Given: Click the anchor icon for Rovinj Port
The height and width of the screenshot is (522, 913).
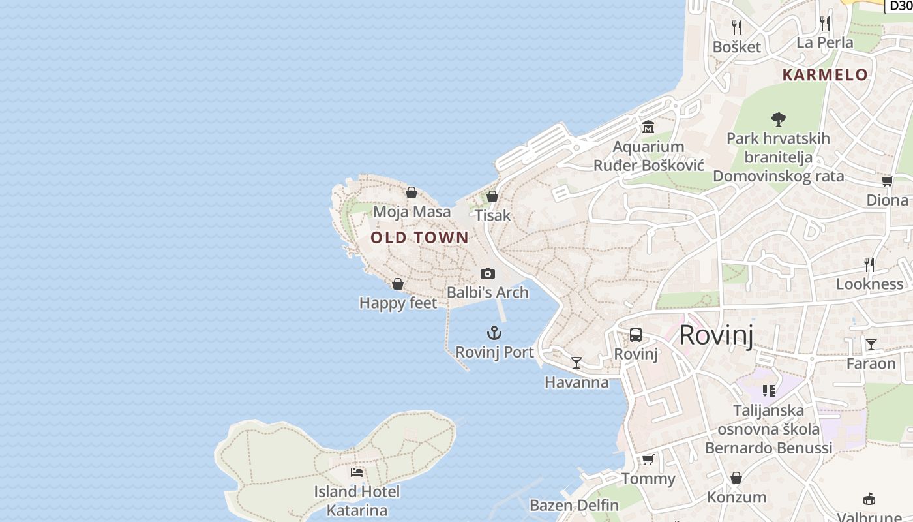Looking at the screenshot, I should point(494,333).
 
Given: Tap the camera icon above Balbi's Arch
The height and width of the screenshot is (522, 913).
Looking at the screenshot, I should point(488,273).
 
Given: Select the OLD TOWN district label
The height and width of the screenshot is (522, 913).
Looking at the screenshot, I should point(419,238).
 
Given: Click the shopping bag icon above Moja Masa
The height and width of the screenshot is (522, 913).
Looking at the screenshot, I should point(412,192).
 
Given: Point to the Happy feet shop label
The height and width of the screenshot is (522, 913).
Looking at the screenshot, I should point(398,303).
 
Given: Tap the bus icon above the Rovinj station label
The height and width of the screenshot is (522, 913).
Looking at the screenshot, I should point(636,335).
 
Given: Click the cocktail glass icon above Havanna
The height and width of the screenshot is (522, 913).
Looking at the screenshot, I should point(576,363).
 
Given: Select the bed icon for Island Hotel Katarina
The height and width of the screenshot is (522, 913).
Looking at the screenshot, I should point(356,472).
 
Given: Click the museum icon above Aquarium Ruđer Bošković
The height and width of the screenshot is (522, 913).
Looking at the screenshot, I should point(648,127).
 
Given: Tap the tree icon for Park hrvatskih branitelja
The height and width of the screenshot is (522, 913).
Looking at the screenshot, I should point(778,119).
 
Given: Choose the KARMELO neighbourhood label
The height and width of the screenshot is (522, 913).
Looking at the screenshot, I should point(825,74).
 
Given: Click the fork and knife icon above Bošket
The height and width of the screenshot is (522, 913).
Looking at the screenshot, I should point(737,27).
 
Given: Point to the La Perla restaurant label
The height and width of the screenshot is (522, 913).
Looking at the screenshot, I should point(825,42).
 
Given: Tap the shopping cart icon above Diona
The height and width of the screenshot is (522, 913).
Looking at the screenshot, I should point(887,181).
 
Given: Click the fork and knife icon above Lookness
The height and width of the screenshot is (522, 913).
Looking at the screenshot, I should point(869,264).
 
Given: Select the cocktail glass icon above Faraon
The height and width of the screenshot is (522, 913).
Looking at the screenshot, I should point(871,344).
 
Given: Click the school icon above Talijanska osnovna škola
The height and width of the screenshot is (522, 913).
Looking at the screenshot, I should point(768,391).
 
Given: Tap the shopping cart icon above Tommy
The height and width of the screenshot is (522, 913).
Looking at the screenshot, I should point(648,459).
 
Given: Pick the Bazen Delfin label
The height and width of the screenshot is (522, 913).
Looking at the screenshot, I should point(574,505).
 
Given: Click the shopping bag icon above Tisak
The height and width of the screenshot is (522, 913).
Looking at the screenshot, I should point(492,196).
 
